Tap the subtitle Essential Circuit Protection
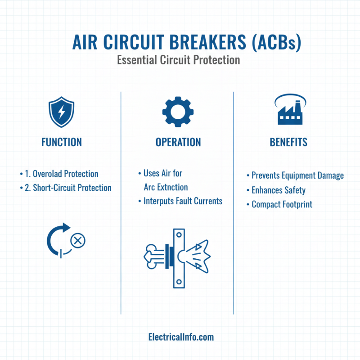(179, 60)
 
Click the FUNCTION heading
(62, 142)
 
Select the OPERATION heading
(178, 142)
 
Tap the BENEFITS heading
(288, 142)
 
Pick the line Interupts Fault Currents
(182, 201)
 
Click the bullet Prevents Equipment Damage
(297, 175)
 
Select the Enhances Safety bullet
(278, 190)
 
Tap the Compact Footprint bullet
(282, 204)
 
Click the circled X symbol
(77, 240)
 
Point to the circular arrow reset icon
(58, 240)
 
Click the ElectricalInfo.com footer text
(181, 337)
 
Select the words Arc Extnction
(166, 187)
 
